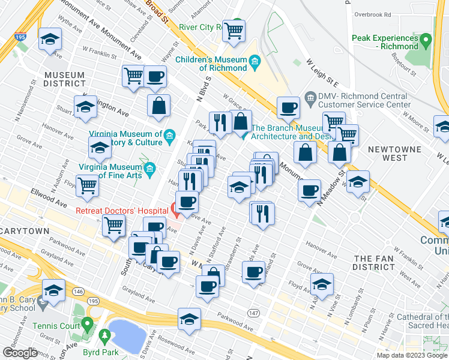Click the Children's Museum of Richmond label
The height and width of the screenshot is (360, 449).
[x=211, y=64]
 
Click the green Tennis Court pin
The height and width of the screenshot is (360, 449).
[x=88, y=326]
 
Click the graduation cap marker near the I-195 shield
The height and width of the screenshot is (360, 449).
[x=49, y=40]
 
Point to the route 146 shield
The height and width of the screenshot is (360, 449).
[x=78, y=290]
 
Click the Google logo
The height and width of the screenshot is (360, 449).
[x=20, y=353]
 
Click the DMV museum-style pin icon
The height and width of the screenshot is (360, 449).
[x=310, y=97]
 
